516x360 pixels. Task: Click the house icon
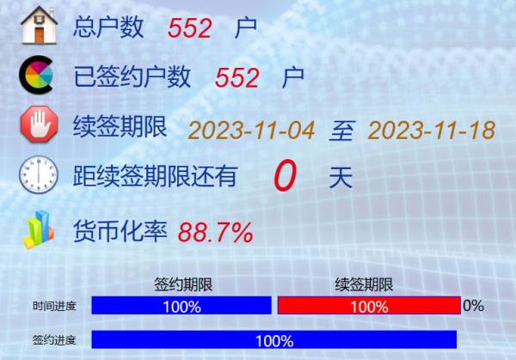tap(40, 25)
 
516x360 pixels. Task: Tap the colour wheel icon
tap(36, 75)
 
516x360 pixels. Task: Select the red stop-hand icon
tap(40, 124)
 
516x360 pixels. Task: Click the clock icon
tap(39, 174)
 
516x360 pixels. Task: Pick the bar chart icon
tap(39, 229)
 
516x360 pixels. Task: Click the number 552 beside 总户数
tap(190, 28)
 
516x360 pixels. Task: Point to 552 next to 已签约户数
tap(237, 78)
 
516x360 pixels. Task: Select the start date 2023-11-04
tap(251, 131)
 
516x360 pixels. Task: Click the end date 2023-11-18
tap(432, 131)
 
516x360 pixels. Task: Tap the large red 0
tap(285, 175)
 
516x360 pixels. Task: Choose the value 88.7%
tap(216, 232)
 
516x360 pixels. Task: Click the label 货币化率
tap(120, 231)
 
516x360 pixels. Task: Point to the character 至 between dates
tap(342, 131)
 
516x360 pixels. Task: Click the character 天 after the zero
tap(341, 178)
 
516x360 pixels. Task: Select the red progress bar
tap(369, 305)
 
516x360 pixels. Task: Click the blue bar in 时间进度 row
tap(181, 305)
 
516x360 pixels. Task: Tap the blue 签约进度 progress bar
tap(274, 339)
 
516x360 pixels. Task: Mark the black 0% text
tap(473, 306)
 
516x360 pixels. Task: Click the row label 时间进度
tap(54, 306)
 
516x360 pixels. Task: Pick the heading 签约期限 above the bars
tap(183, 284)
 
